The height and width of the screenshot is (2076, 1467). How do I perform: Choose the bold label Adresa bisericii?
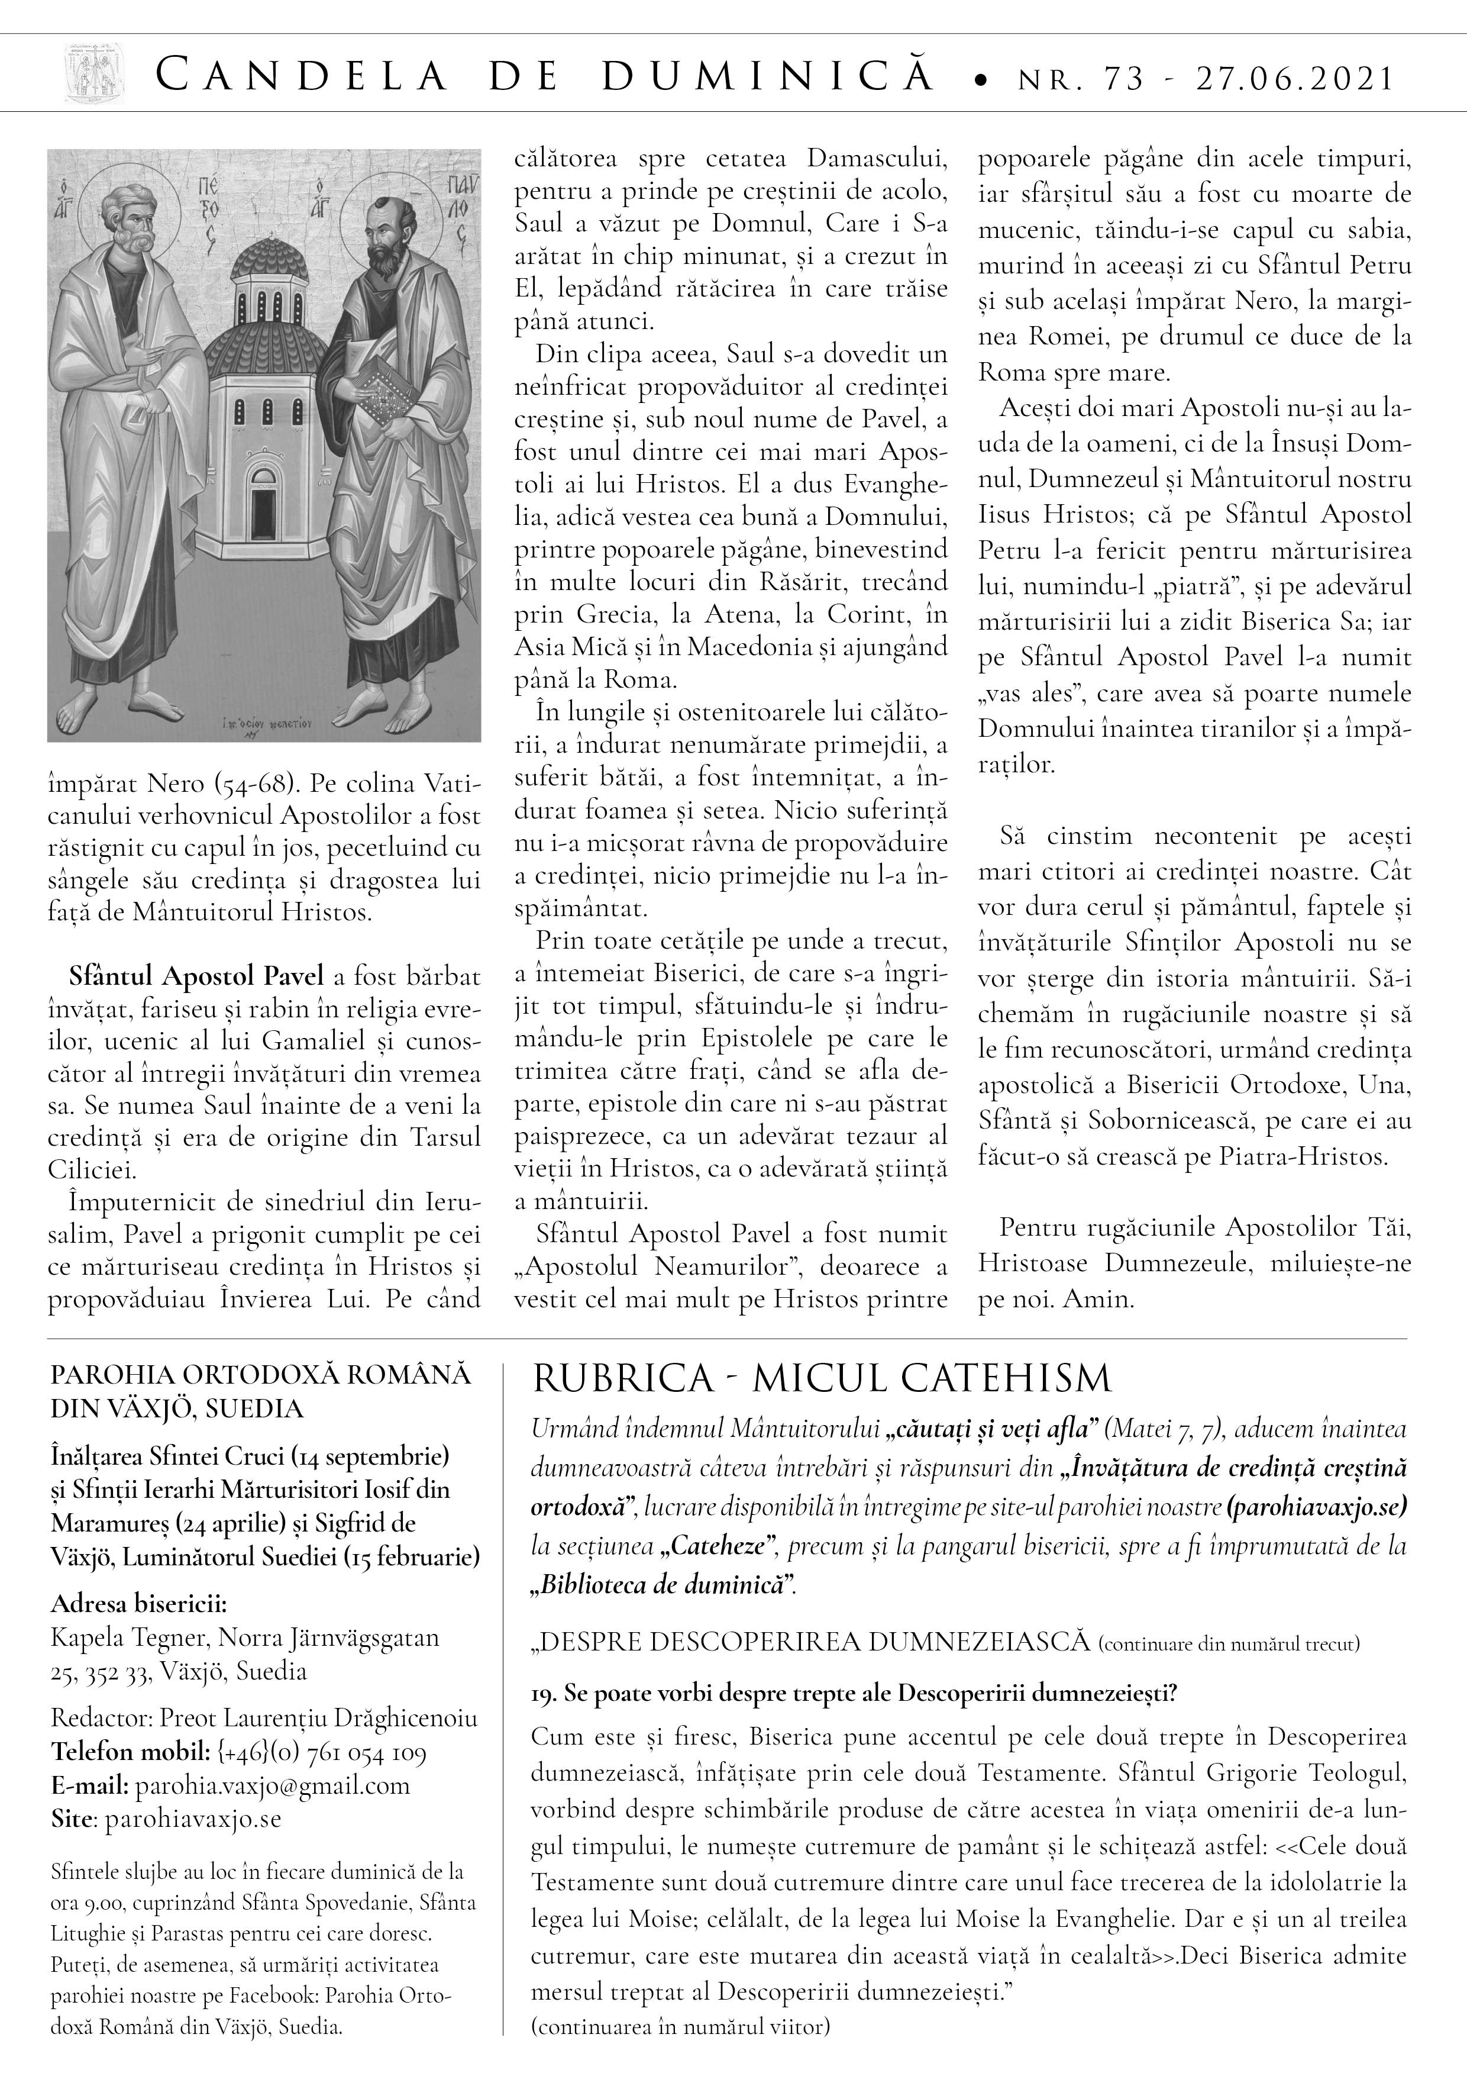[139, 1604]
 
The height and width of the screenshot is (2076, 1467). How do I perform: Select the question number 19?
[543, 1694]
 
